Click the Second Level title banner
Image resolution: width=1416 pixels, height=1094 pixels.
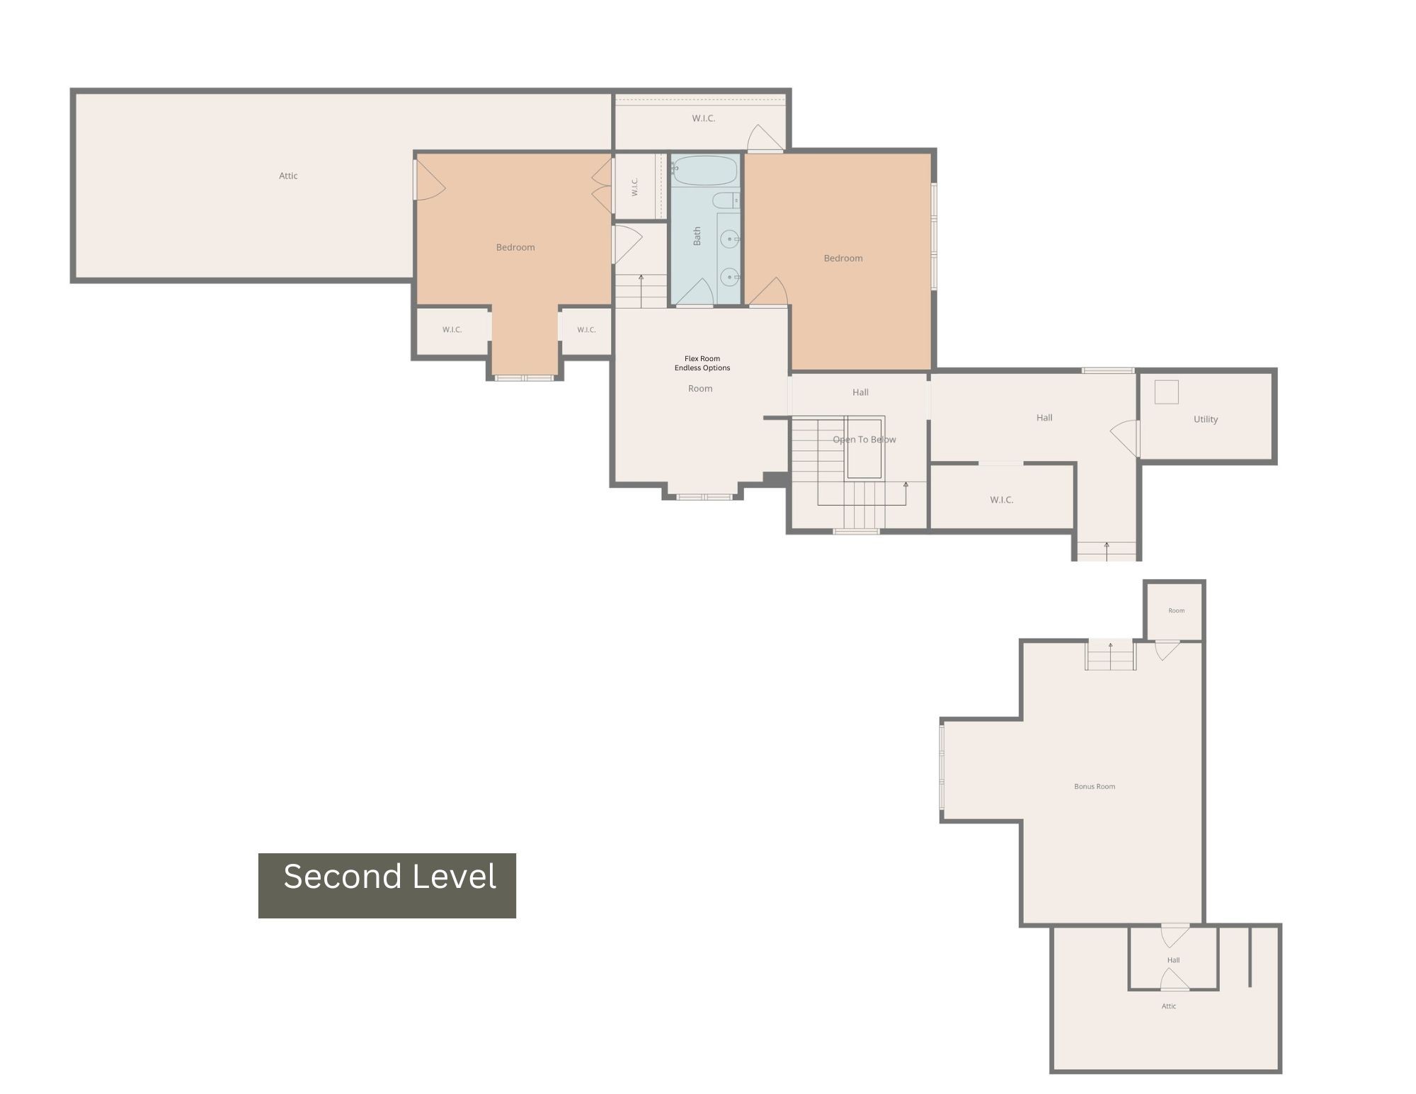click(387, 885)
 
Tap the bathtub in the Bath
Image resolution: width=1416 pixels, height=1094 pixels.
click(704, 171)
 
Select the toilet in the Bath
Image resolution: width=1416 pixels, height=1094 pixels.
click(726, 200)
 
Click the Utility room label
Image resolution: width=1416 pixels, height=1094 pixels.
click(1206, 419)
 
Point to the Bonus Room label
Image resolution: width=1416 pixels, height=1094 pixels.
click(1095, 786)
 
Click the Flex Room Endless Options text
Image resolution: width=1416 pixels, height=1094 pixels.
click(702, 363)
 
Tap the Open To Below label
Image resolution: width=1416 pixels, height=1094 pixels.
click(864, 440)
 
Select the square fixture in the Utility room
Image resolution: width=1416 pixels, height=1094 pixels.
click(1167, 392)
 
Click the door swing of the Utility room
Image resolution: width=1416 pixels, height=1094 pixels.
click(1124, 438)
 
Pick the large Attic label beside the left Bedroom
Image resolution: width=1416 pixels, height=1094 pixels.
click(288, 176)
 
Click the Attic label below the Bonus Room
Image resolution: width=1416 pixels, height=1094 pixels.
click(1169, 1006)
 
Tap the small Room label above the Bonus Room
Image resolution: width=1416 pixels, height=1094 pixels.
click(1177, 610)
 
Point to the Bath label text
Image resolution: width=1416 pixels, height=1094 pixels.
click(697, 236)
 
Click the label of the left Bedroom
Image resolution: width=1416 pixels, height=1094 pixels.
click(515, 247)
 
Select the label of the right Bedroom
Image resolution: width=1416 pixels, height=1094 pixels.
click(843, 258)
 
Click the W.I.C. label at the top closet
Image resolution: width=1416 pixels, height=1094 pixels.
click(704, 118)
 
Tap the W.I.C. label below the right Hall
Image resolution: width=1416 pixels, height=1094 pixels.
click(1002, 500)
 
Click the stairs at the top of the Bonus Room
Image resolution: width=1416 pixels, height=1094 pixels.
click(1111, 655)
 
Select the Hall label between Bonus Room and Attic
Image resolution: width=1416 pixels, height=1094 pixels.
click(1173, 960)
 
